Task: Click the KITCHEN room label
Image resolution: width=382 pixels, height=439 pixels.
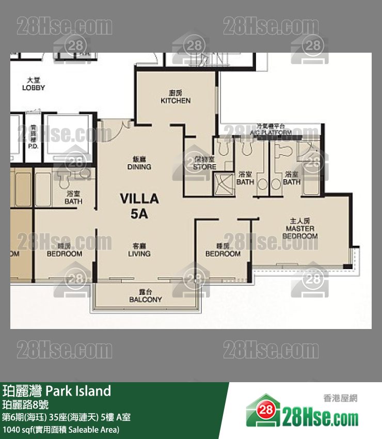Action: (x=176, y=97)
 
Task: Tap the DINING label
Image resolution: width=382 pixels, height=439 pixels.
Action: (x=139, y=163)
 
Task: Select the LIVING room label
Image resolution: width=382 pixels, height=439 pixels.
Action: (x=139, y=250)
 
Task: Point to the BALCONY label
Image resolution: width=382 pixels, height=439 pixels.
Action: (x=145, y=296)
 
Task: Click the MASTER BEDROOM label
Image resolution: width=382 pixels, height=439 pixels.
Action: (x=300, y=232)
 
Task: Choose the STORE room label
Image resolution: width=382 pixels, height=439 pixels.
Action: (x=204, y=164)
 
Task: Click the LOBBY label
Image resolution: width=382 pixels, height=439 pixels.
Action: (x=34, y=84)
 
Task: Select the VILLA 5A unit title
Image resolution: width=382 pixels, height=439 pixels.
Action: (x=139, y=206)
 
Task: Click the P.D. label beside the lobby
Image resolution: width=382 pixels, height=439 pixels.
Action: (x=34, y=142)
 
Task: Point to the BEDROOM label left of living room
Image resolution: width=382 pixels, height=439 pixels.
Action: (x=65, y=250)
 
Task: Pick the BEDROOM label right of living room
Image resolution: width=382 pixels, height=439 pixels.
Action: (x=222, y=250)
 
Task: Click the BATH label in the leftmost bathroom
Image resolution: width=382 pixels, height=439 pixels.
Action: (x=73, y=197)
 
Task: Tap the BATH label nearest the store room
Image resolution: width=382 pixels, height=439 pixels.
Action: (x=245, y=178)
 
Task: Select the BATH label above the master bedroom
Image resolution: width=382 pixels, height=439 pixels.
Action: (x=292, y=178)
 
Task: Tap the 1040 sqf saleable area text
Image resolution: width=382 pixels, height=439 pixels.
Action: (x=61, y=429)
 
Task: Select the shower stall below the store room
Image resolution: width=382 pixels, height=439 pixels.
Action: (x=223, y=183)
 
